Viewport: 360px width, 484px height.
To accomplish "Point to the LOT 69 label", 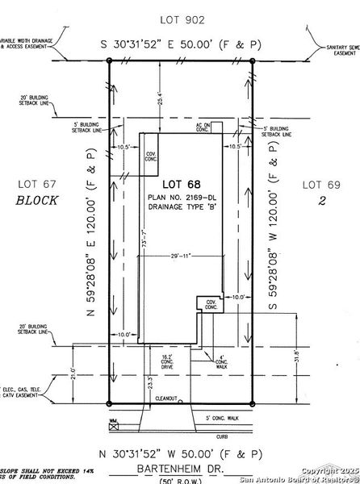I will click(x=320, y=185).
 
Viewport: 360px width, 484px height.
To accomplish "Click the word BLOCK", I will click(x=36, y=202).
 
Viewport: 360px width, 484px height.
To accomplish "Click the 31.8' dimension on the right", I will click(x=295, y=355).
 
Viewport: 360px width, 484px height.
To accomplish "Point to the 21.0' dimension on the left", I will click(x=73, y=373).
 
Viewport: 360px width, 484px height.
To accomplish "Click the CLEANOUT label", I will click(x=166, y=398).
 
